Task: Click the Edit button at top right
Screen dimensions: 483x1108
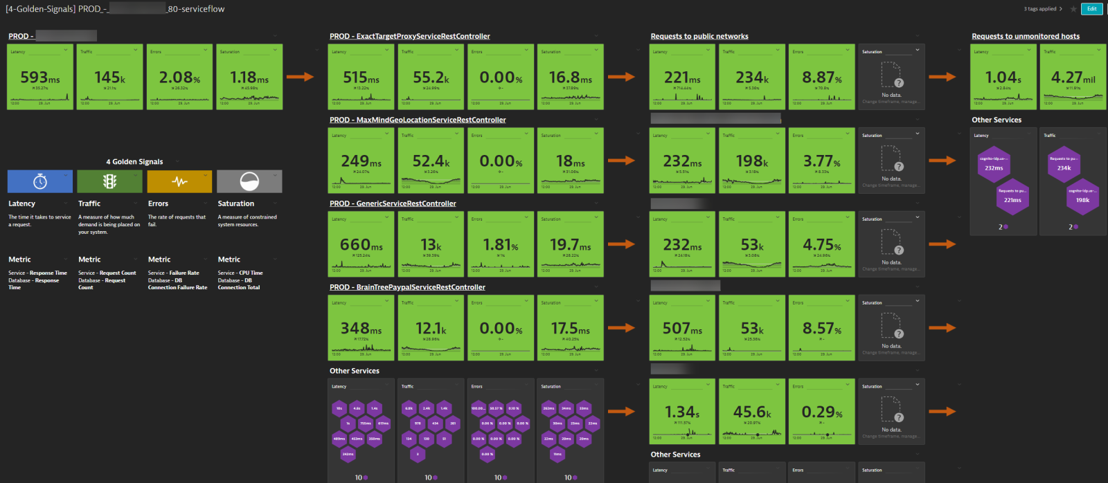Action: (x=1091, y=9)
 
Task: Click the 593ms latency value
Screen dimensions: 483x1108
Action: (x=39, y=78)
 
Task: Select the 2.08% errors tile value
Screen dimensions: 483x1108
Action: (x=179, y=78)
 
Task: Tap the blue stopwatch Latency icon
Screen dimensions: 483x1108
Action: (x=40, y=181)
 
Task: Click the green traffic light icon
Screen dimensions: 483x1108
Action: (x=109, y=181)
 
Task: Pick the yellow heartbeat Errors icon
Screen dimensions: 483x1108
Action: (x=179, y=181)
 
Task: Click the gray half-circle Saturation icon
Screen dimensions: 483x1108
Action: (x=249, y=181)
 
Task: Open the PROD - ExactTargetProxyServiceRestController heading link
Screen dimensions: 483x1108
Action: (x=409, y=36)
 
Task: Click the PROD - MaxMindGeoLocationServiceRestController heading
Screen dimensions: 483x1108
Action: (x=418, y=120)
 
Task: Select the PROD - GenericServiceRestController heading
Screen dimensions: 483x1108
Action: (x=393, y=203)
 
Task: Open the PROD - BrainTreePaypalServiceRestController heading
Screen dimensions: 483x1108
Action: (x=407, y=287)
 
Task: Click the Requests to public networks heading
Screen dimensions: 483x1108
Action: (x=699, y=36)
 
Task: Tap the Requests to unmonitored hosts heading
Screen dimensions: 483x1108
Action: (x=1026, y=36)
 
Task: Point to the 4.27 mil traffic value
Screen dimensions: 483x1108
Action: (x=1073, y=78)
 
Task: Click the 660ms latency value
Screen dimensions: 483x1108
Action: (x=361, y=245)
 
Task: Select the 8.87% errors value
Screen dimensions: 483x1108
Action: (x=821, y=78)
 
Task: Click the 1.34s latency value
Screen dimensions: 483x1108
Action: (x=682, y=412)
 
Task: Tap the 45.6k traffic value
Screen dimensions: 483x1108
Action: (x=752, y=412)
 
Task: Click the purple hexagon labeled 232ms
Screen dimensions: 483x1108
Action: (x=994, y=165)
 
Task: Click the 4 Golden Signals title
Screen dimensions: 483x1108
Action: (x=134, y=161)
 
